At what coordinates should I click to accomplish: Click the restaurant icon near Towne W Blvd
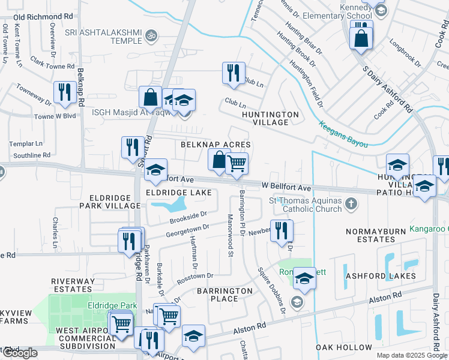point(63,92)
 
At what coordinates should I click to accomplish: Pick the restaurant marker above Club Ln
point(232,73)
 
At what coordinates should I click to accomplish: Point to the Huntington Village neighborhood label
point(270,118)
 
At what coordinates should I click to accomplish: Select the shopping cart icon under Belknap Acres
point(237,163)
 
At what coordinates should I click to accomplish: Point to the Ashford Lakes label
point(381,276)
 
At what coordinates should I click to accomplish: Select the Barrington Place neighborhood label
point(225,295)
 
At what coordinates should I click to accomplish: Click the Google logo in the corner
point(20,353)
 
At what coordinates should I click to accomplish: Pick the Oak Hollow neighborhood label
point(344,347)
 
